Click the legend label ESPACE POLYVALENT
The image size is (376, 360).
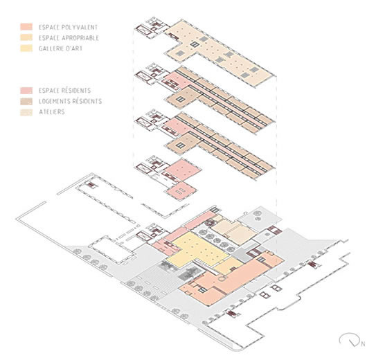(68, 27)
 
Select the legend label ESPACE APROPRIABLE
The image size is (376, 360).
(69, 37)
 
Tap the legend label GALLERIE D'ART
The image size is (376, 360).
(60, 48)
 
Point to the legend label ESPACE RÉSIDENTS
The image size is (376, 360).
(65, 91)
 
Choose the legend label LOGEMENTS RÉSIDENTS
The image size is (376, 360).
(70, 101)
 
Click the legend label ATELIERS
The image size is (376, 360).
(52, 111)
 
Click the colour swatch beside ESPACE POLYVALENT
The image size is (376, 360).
(26, 27)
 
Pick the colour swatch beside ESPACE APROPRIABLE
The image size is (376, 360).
(26, 37)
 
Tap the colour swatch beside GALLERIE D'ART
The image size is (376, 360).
(26, 48)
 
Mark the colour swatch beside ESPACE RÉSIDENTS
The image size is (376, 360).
(26, 91)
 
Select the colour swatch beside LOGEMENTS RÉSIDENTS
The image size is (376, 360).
(26, 101)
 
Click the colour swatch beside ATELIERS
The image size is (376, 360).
(26, 111)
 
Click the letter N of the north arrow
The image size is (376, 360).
(363, 344)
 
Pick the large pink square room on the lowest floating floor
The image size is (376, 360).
(183, 170)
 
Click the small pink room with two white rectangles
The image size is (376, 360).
(181, 190)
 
